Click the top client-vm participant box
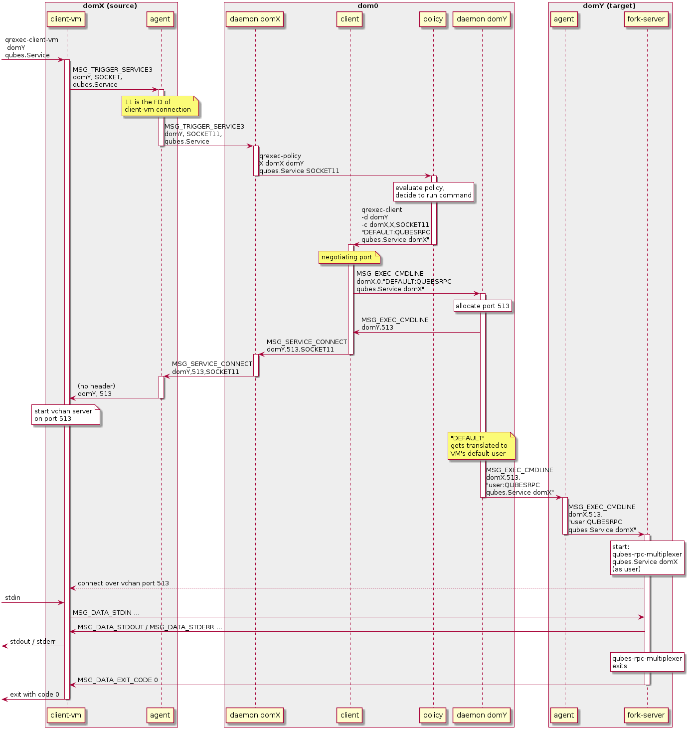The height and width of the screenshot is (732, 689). pyautogui.click(x=66, y=19)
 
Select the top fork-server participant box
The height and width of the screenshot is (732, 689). pyautogui.click(x=646, y=19)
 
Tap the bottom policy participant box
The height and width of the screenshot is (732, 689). pyautogui.click(x=433, y=715)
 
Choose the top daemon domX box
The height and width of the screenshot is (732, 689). pyautogui.click(x=255, y=19)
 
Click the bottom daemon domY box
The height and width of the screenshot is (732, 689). pyautogui.click(x=482, y=715)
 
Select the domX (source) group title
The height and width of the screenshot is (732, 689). pyautogui.click(x=110, y=6)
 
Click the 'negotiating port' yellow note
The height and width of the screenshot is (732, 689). pyautogui.click(x=348, y=257)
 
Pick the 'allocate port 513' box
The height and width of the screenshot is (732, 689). pyautogui.click(x=483, y=306)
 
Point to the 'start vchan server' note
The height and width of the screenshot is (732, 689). pyautogui.click(x=66, y=415)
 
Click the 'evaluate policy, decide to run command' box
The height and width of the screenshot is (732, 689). pyautogui.click(x=433, y=191)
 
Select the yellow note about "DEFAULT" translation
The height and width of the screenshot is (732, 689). pyautogui.click(x=481, y=446)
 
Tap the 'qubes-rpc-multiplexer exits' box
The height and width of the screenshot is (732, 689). pyautogui.click(x=647, y=662)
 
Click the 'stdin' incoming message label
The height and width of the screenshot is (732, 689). pyautogui.click(x=12, y=598)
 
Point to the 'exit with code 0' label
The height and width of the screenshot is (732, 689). pyautogui.click(x=34, y=695)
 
